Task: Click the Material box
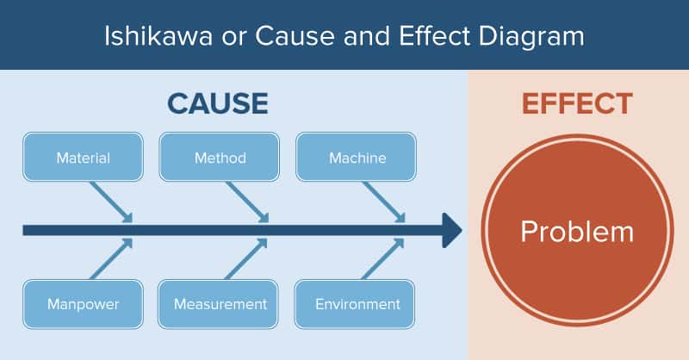pyautogui.click(x=83, y=157)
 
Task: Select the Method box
pyautogui.click(x=220, y=157)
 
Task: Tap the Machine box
pyautogui.click(x=356, y=157)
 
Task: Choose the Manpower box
pyautogui.click(x=83, y=304)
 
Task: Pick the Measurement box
pyautogui.click(x=218, y=304)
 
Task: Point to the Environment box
pyautogui.click(x=355, y=304)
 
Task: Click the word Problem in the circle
pyautogui.click(x=577, y=232)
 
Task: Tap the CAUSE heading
pyautogui.click(x=218, y=103)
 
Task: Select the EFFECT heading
pyautogui.click(x=577, y=103)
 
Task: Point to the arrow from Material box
pyautogui.click(x=111, y=202)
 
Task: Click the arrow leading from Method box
pyautogui.click(x=247, y=202)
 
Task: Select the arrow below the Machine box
pyautogui.click(x=383, y=202)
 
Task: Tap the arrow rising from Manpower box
pyautogui.click(x=111, y=259)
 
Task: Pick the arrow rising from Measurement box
pyautogui.click(x=246, y=259)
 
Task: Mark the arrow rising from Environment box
pyautogui.click(x=382, y=259)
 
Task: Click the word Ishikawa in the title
pyautogui.click(x=158, y=35)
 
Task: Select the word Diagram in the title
pyautogui.click(x=531, y=36)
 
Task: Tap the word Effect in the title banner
pyautogui.click(x=435, y=35)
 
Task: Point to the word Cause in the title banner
pyautogui.click(x=295, y=35)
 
